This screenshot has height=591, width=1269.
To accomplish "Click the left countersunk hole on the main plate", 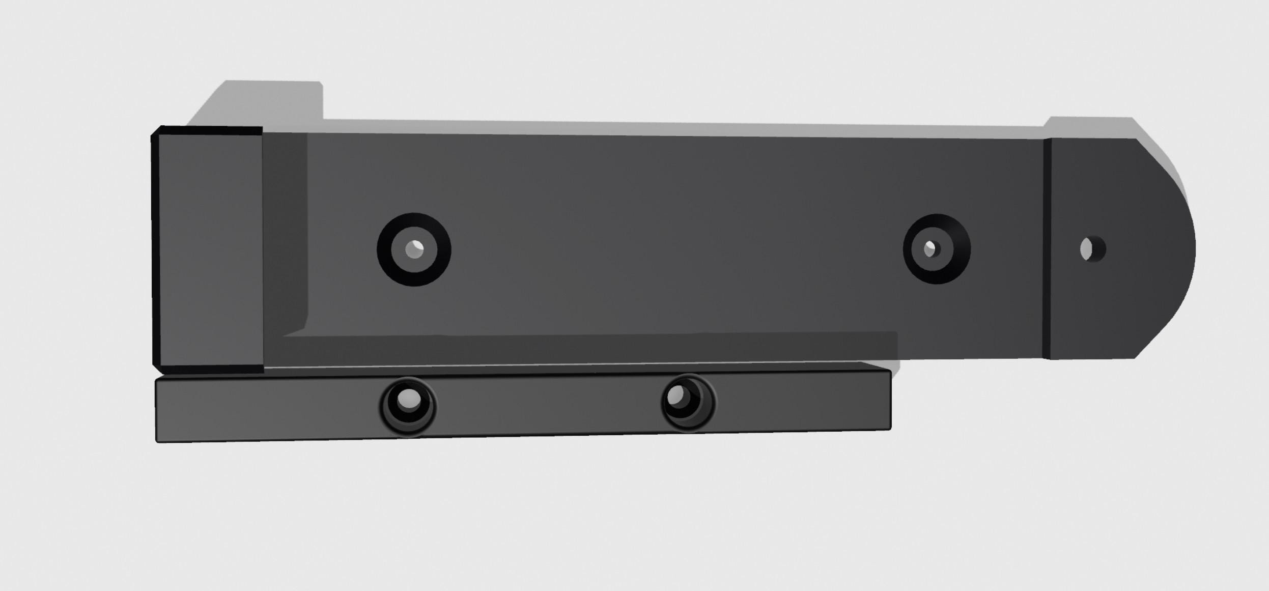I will [414, 249].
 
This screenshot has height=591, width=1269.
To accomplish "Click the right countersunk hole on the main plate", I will [937, 249].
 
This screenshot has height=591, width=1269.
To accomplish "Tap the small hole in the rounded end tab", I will [1093, 249].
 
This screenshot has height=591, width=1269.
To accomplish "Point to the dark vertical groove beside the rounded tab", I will [1047, 248].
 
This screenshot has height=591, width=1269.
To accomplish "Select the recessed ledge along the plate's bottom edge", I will [585, 349].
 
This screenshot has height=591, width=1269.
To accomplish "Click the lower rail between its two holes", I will [547, 405].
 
